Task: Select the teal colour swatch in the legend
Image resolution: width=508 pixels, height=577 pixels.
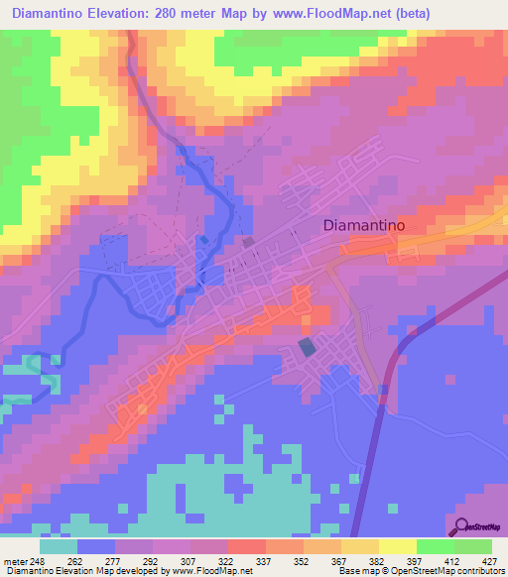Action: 59,546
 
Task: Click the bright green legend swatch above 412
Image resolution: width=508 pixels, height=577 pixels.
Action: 435,546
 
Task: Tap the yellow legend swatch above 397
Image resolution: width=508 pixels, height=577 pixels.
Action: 398,546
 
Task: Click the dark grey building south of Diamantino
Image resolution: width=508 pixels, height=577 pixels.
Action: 307,347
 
